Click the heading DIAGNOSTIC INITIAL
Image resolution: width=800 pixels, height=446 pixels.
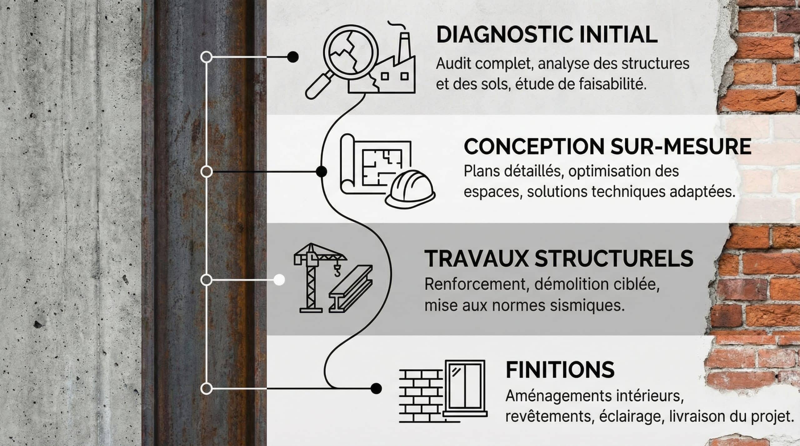coord(547,35)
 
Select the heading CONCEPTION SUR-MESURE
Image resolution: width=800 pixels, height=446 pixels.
coord(607,146)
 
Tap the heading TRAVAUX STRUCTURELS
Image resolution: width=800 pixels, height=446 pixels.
coord(559,258)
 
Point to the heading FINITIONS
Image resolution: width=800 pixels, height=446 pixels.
coord(560,370)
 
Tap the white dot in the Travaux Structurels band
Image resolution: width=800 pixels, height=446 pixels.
coord(279,280)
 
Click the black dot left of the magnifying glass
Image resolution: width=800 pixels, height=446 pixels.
coord(292,57)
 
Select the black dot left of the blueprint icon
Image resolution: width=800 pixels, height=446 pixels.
coord(321,171)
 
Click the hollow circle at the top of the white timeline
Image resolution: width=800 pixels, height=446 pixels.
coord(206,57)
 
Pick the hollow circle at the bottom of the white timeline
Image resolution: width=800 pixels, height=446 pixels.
coord(206,389)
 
